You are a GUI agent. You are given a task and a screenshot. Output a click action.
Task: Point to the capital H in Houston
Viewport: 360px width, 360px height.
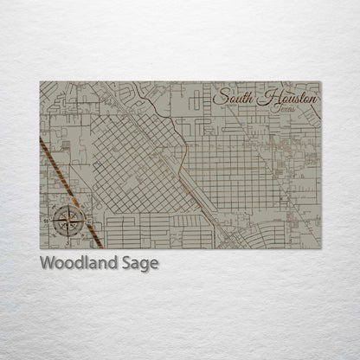264,98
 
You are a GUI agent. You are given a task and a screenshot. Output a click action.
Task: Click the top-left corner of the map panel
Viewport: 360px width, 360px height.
41,82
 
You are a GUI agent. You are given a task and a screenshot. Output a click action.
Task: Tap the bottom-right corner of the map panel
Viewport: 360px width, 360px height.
320,248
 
